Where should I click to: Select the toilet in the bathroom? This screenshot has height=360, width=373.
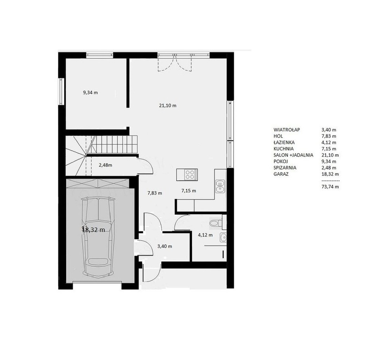pyautogui.click(x=216, y=223)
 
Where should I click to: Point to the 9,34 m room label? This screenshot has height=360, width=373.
pyautogui.click(x=91, y=93)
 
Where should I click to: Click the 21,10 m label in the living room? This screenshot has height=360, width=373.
pyautogui.click(x=167, y=106)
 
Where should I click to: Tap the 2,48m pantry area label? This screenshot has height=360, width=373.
pyautogui.click(x=106, y=165)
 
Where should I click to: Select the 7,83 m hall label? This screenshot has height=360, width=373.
pyautogui.click(x=155, y=193)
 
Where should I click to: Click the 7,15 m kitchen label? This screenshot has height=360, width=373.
pyautogui.click(x=189, y=191)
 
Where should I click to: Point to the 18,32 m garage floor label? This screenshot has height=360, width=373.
pyautogui.click(x=93, y=230)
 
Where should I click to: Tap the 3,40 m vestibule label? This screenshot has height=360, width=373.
pyautogui.click(x=165, y=247)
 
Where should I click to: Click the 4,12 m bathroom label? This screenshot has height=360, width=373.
pyautogui.click(x=206, y=235)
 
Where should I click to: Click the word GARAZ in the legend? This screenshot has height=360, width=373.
pyautogui.click(x=281, y=174)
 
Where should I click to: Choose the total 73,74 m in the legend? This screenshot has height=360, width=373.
pyautogui.click(x=330, y=187)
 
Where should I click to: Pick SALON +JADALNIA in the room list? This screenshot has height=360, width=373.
pyautogui.click(x=293, y=155)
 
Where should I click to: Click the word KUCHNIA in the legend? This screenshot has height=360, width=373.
pyautogui.click(x=283, y=149)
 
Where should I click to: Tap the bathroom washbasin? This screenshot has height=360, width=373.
pyautogui.click(x=223, y=238)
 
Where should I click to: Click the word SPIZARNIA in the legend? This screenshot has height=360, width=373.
pyautogui.click(x=285, y=168)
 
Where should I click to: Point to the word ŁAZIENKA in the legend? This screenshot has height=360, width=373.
pyautogui.click(x=284, y=142)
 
